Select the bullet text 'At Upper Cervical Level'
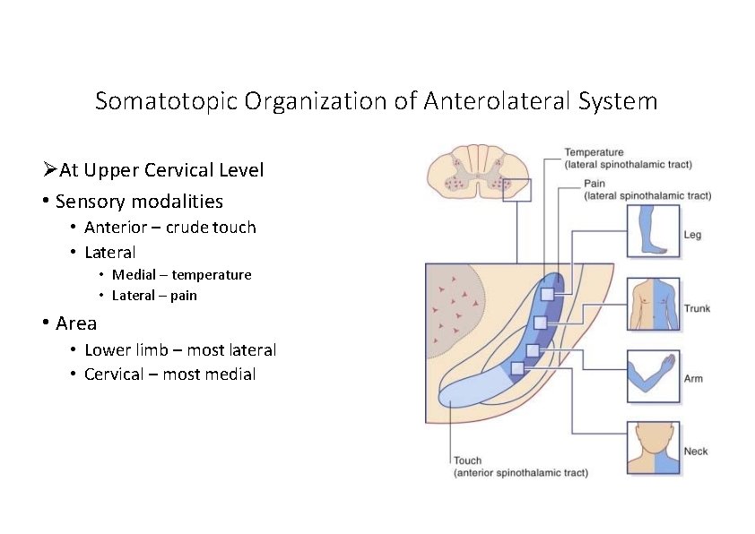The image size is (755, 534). pyautogui.click(x=161, y=170)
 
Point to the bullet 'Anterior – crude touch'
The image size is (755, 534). pyautogui.click(x=169, y=228)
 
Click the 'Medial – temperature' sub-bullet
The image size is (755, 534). pyautogui.click(x=181, y=275)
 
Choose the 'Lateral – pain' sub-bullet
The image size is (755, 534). pyautogui.click(x=154, y=296)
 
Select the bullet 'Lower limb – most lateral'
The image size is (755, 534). pyautogui.click(x=179, y=350)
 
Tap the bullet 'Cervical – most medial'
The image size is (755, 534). pyautogui.click(x=169, y=375)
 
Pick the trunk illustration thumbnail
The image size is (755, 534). pyautogui.click(x=653, y=304)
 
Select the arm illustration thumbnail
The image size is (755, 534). pyautogui.click(x=653, y=374)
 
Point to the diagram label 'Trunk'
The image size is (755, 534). pyautogui.click(x=697, y=309)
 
